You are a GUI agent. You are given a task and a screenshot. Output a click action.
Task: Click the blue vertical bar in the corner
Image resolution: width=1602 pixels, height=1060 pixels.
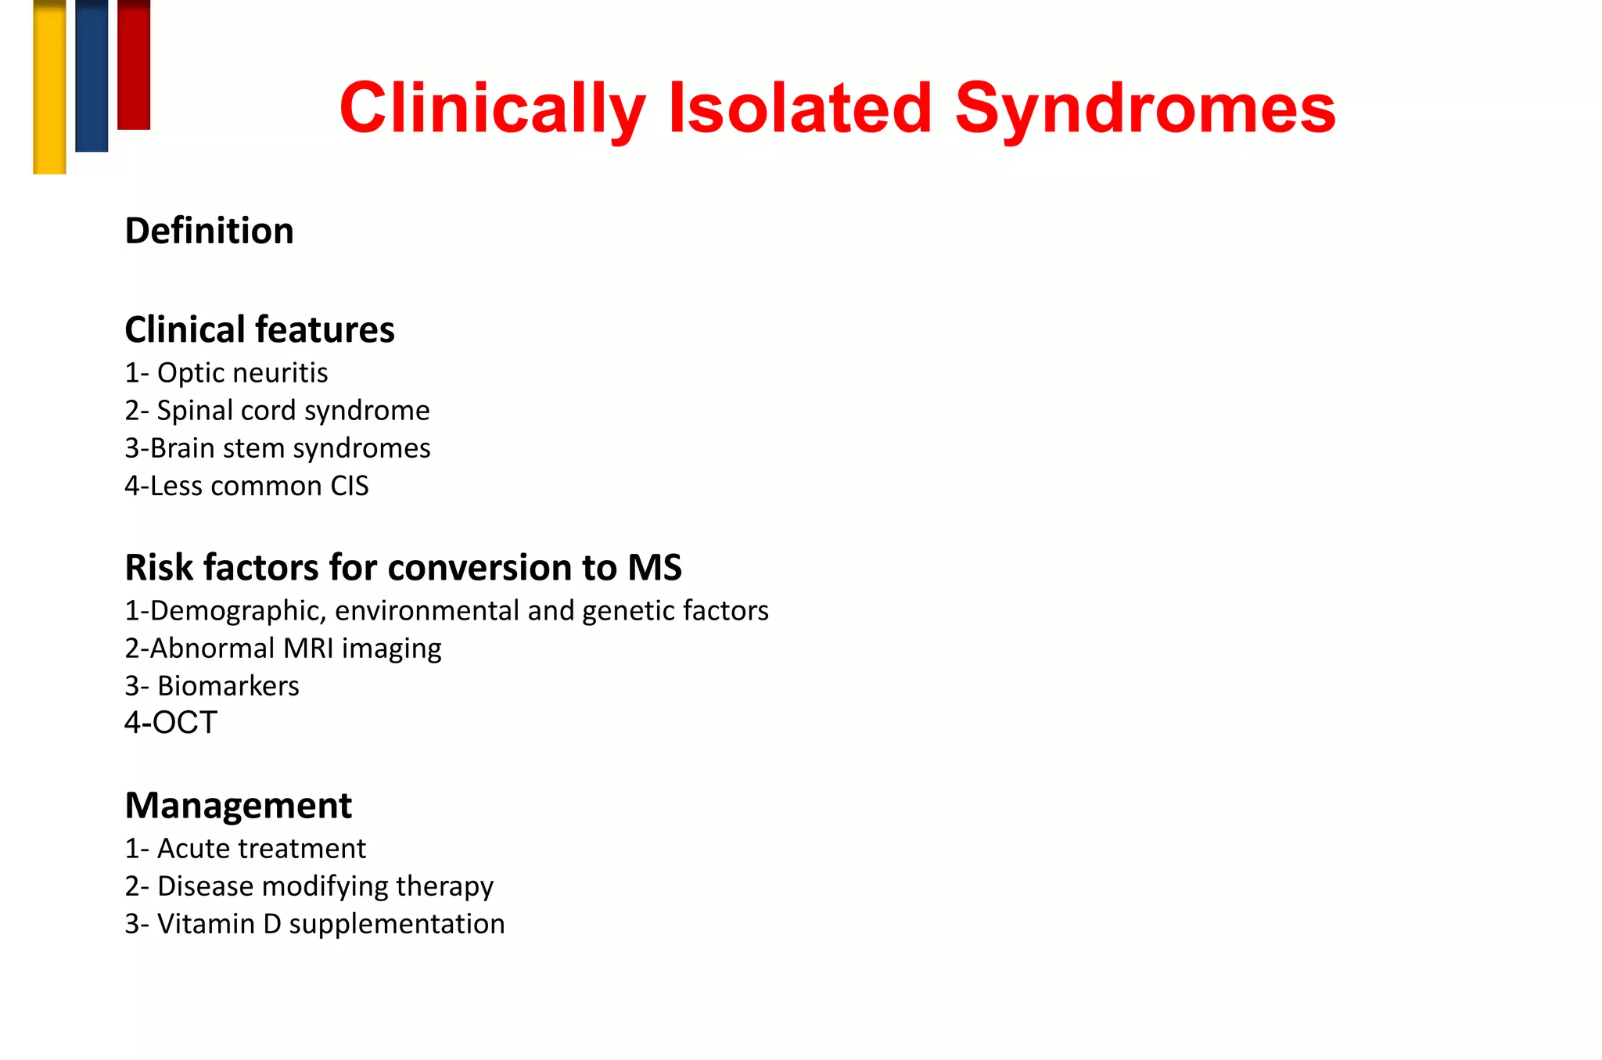point(92,75)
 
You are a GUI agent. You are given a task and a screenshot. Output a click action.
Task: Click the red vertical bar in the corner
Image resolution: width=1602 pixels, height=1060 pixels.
point(134,64)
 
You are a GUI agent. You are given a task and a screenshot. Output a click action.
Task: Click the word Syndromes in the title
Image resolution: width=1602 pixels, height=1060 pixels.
point(1144,110)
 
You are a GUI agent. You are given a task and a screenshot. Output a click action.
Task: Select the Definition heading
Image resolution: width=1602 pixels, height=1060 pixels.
point(210,231)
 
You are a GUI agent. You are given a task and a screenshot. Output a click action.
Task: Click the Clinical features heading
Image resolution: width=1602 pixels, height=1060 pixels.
point(260,329)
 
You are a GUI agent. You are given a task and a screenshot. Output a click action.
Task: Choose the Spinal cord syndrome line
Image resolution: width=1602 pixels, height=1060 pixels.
point(278,411)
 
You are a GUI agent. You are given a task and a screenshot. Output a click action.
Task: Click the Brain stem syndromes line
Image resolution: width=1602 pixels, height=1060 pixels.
point(278,448)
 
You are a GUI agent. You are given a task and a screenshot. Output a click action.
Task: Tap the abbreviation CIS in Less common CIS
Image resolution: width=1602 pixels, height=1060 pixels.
point(349,486)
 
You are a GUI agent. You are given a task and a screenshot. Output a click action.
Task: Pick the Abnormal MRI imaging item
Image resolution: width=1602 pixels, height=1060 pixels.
point(283,649)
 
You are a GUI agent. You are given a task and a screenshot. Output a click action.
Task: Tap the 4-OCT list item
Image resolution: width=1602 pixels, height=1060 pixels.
point(171,723)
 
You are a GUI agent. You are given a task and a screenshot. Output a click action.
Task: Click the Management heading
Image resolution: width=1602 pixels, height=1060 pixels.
point(239,805)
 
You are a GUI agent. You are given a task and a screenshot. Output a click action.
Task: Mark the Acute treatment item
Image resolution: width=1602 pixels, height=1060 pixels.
point(246,849)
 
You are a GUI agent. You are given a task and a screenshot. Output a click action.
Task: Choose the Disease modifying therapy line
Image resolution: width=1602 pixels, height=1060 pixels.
point(309,886)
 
